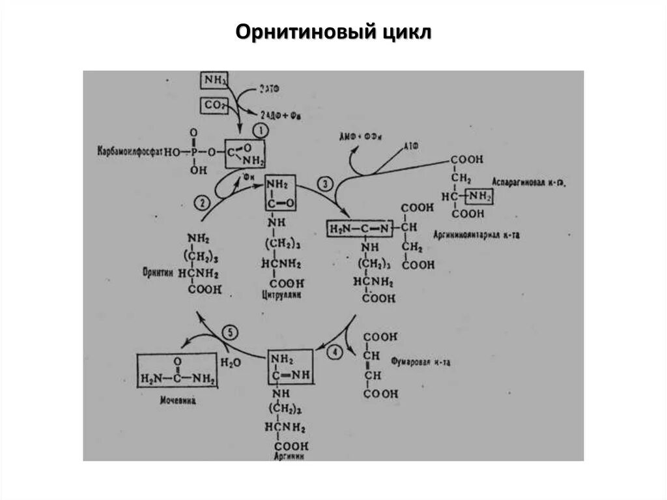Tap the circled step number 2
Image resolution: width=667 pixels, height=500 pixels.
[x=203, y=202]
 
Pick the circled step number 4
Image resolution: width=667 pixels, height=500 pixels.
[x=335, y=353]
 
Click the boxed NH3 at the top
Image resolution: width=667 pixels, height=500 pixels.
[x=214, y=81]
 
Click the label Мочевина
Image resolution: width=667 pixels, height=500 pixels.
[x=177, y=401]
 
